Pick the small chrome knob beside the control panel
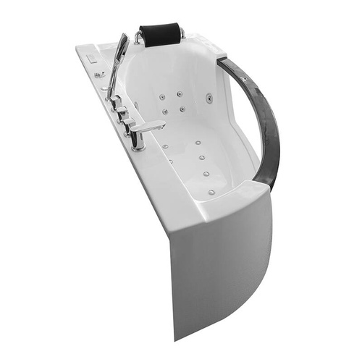(99, 73)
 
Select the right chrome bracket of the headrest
(181, 33)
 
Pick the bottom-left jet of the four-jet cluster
(166, 111)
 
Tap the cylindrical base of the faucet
(138, 140)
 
